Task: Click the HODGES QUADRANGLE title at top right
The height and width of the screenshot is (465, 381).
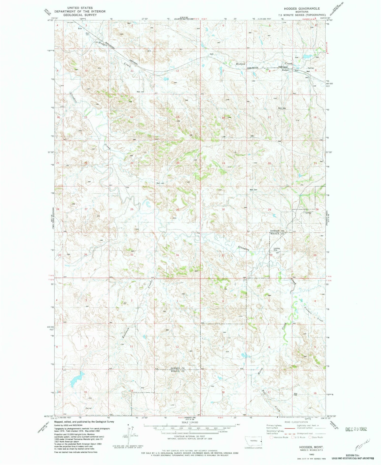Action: pyautogui.click(x=299, y=8)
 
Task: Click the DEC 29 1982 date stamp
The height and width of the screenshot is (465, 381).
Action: pyautogui.click(x=356, y=429)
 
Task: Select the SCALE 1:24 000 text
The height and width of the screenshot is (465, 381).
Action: pyautogui.click(x=189, y=422)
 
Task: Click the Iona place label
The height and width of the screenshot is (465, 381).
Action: pyautogui.click(x=80, y=29)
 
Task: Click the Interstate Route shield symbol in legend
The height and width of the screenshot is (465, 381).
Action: pyautogui.click(x=271, y=437)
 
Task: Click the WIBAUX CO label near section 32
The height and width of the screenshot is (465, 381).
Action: pyautogui.click(x=277, y=234)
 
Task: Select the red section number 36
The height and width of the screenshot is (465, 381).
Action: pyautogui.click(x=177, y=255)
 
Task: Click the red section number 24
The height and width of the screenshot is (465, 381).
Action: pyautogui.click(x=178, y=163)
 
